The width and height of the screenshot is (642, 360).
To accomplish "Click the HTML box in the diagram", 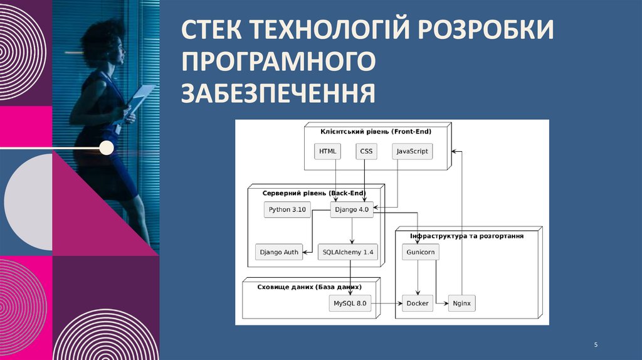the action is point(327,151).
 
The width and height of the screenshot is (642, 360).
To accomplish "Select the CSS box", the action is point(366,151).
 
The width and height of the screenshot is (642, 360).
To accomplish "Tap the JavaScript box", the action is point(413,151).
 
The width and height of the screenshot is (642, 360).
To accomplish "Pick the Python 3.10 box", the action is point(287,209).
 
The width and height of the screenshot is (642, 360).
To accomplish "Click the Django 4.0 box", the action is point(352,209).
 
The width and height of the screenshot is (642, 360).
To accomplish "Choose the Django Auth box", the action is point(279,252).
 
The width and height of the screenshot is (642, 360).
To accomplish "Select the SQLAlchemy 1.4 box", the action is point(348,252).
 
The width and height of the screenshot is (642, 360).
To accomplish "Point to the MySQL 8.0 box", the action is point(350,304).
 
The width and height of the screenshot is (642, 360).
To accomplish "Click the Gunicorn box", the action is point(420,252).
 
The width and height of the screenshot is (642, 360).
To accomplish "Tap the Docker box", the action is point(418,304).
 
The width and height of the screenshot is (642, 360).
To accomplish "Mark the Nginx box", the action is point(461,304).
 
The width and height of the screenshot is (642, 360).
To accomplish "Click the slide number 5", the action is point(596,346).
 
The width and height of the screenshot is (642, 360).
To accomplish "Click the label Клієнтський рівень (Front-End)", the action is point(376,131).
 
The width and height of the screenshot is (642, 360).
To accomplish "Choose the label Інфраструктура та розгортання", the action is point(466,236).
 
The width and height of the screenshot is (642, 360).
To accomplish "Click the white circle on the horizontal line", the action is point(107,148).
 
